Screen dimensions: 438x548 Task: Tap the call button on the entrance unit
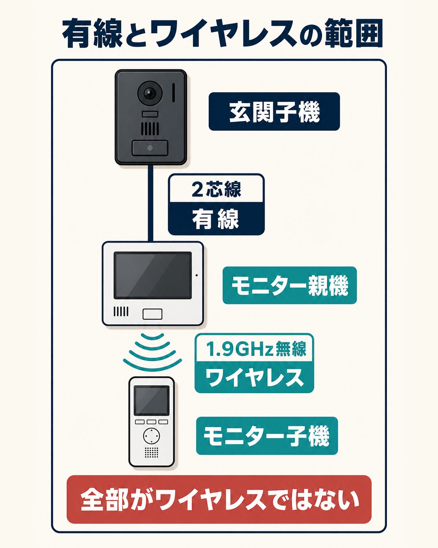pos(150,148)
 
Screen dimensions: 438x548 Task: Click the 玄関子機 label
pos(274,111)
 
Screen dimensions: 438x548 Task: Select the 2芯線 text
pos(216,189)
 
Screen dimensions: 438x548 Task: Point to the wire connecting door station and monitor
pos(150,203)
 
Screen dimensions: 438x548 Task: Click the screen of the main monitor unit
pos(153,275)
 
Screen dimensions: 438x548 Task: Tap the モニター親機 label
pos(289,285)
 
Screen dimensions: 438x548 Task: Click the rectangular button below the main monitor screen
pos(153,314)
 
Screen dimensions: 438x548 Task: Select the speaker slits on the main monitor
pos(121,311)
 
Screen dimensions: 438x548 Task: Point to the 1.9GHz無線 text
pos(256,349)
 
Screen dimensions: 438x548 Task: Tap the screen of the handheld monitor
pos(152,400)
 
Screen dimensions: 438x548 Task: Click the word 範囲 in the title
pos(354,34)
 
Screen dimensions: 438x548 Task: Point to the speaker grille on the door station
pos(150,129)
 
